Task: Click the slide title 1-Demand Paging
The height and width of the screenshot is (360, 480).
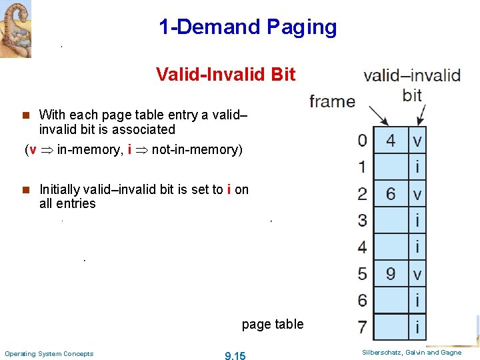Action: (x=247, y=27)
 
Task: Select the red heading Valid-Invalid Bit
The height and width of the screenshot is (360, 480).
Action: (x=225, y=74)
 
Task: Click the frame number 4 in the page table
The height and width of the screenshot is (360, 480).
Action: (x=391, y=141)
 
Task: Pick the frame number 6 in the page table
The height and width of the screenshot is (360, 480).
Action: (x=391, y=194)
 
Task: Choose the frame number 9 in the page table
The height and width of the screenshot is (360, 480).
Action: (x=391, y=273)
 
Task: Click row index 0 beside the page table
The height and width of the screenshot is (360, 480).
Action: (x=362, y=141)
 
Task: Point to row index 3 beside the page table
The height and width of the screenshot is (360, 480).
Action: (x=362, y=220)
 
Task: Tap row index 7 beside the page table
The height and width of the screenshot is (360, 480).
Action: (x=362, y=327)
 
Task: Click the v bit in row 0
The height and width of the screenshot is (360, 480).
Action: (x=417, y=141)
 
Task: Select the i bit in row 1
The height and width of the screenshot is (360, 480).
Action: (x=417, y=167)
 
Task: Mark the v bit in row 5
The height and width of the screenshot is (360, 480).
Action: (x=417, y=273)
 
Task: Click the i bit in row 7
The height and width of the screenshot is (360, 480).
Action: (x=417, y=327)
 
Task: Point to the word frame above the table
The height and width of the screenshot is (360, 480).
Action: (x=332, y=101)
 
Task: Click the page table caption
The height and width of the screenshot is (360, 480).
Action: (x=273, y=325)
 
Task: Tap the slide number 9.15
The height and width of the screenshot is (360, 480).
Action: (x=235, y=356)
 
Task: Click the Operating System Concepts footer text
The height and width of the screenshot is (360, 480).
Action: (x=49, y=353)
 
